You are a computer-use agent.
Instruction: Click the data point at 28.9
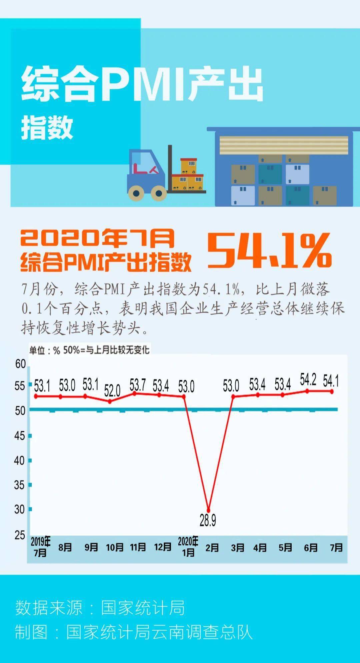tap(209, 510)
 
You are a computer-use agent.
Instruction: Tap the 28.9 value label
tap(208, 520)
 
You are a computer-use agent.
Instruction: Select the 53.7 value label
tap(138, 385)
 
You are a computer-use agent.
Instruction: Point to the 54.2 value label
tap(308, 379)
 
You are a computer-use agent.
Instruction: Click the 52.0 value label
tap(112, 390)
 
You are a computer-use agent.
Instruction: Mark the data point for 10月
tap(110, 401)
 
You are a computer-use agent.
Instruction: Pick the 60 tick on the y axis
tap(20, 364)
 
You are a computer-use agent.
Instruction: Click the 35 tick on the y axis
tap(19, 485)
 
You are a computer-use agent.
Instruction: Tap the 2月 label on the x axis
tap(212, 548)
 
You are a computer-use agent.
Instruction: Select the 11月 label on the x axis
tap(138, 547)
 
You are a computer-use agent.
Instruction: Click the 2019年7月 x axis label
tap(40, 547)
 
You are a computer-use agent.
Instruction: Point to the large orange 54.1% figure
tap(269, 250)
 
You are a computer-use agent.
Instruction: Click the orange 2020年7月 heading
tap(97, 238)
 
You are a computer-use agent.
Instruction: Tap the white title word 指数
tap(47, 127)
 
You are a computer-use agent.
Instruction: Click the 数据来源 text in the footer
tap(49, 607)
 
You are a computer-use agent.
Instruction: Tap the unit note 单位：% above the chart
tap(45, 350)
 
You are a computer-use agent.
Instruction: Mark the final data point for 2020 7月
tap(332, 391)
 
